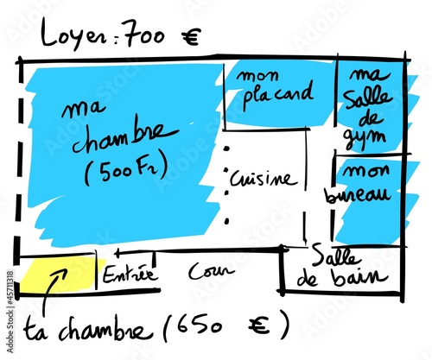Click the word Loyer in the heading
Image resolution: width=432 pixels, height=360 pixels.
point(75,35)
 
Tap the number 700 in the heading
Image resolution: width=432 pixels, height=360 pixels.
point(145,35)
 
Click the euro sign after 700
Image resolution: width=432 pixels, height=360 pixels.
point(190,38)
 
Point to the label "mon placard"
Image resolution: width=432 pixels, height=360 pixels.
point(274,88)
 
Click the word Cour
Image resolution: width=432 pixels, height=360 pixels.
point(211,271)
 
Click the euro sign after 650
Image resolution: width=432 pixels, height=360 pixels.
point(258,325)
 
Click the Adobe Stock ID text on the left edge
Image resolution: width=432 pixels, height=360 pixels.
point(10,312)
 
